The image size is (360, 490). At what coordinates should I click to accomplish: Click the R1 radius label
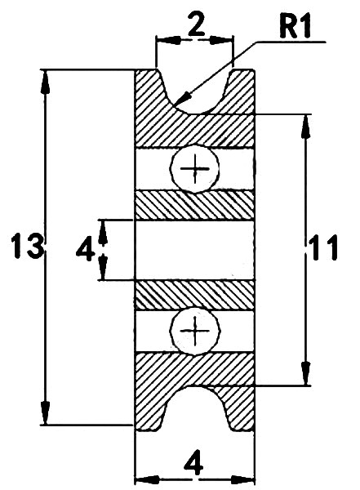tap(295, 27)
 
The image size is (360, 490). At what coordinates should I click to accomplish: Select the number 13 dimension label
tap(27, 246)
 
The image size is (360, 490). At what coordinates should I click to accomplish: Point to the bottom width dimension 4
tap(194, 464)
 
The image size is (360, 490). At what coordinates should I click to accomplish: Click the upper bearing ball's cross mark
tap(194, 169)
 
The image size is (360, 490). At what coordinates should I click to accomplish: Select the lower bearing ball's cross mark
tap(195, 331)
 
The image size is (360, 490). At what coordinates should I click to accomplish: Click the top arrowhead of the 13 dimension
tap(46, 81)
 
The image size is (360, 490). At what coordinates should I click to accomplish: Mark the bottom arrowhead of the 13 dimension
tap(46, 413)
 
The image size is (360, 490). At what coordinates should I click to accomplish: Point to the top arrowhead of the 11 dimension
tap(307, 127)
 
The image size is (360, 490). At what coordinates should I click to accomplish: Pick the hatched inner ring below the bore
tap(194, 294)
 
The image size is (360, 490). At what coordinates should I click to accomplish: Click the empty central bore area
tap(194, 250)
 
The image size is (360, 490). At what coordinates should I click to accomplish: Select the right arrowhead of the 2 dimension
tap(221, 40)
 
